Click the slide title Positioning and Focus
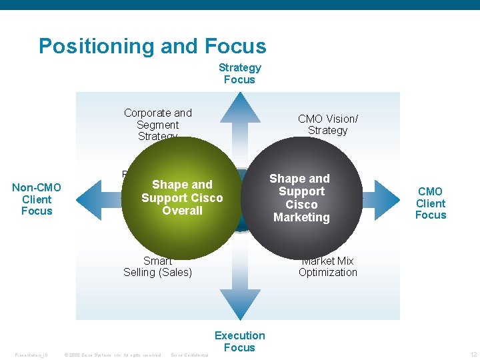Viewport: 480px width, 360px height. [152, 46]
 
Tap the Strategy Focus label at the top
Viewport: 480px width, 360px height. [239, 73]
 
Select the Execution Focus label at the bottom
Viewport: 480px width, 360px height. [239, 341]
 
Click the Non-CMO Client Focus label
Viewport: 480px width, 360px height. [37, 199]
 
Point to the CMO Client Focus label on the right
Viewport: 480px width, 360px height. [430, 203]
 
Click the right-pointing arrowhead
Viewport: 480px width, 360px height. [394, 197]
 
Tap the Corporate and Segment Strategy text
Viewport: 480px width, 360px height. [157, 125]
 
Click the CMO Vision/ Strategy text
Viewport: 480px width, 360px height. [327, 125]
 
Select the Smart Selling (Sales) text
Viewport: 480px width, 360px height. [157, 267]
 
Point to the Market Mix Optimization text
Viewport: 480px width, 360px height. [327, 267]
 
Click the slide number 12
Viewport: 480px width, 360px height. [473, 355]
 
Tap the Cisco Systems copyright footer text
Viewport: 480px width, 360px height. [113, 355]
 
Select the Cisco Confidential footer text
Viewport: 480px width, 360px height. [190, 355]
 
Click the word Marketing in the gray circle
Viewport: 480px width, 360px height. [301, 217]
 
